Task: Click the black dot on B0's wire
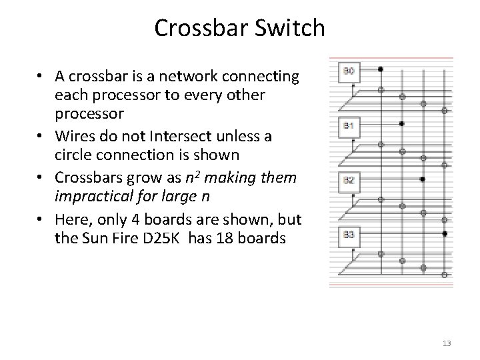point(380,69)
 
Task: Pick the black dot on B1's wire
point(401,123)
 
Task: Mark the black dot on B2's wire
point(423,179)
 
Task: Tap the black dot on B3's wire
point(445,233)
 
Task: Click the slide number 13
point(447,343)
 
